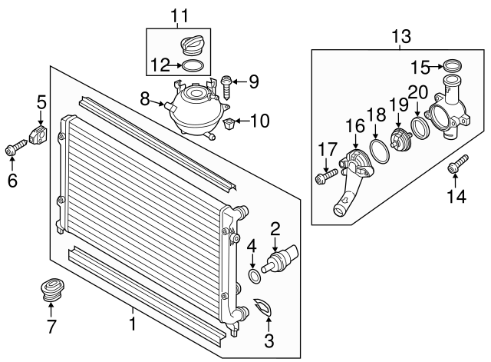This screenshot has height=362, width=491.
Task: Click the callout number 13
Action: (x=400, y=35)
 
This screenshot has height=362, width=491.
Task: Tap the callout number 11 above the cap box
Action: (x=179, y=15)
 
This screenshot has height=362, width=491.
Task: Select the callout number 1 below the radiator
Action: (x=132, y=324)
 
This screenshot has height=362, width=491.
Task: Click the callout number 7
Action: (x=51, y=327)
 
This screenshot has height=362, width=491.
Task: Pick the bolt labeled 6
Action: (x=15, y=145)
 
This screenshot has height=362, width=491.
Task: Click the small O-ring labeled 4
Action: (x=253, y=276)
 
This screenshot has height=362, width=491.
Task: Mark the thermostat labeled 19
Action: (x=400, y=141)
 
